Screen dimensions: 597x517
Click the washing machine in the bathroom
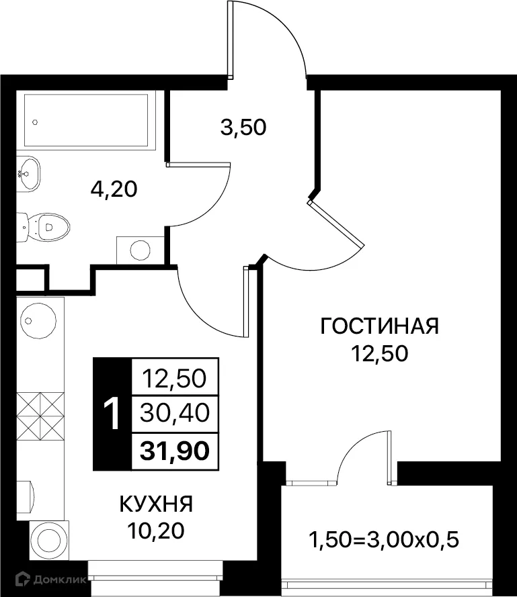pyautogui.click(x=140, y=249)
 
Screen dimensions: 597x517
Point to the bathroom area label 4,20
pyautogui.click(x=114, y=189)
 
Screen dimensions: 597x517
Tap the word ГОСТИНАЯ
pyautogui.click(x=380, y=326)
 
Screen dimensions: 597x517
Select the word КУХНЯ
pyautogui.click(x=156, y=503)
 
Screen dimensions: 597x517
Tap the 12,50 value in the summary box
pyautogui.click(x=174, y=379)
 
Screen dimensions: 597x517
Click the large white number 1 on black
pyautogui.click(x=112, y=414)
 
